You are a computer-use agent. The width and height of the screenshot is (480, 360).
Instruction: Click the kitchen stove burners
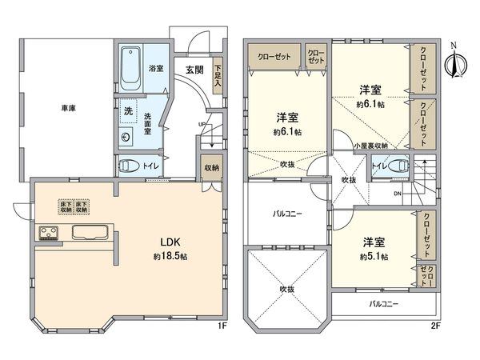(48, 234)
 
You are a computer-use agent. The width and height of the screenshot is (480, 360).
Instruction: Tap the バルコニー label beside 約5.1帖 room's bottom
(384, 304)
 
